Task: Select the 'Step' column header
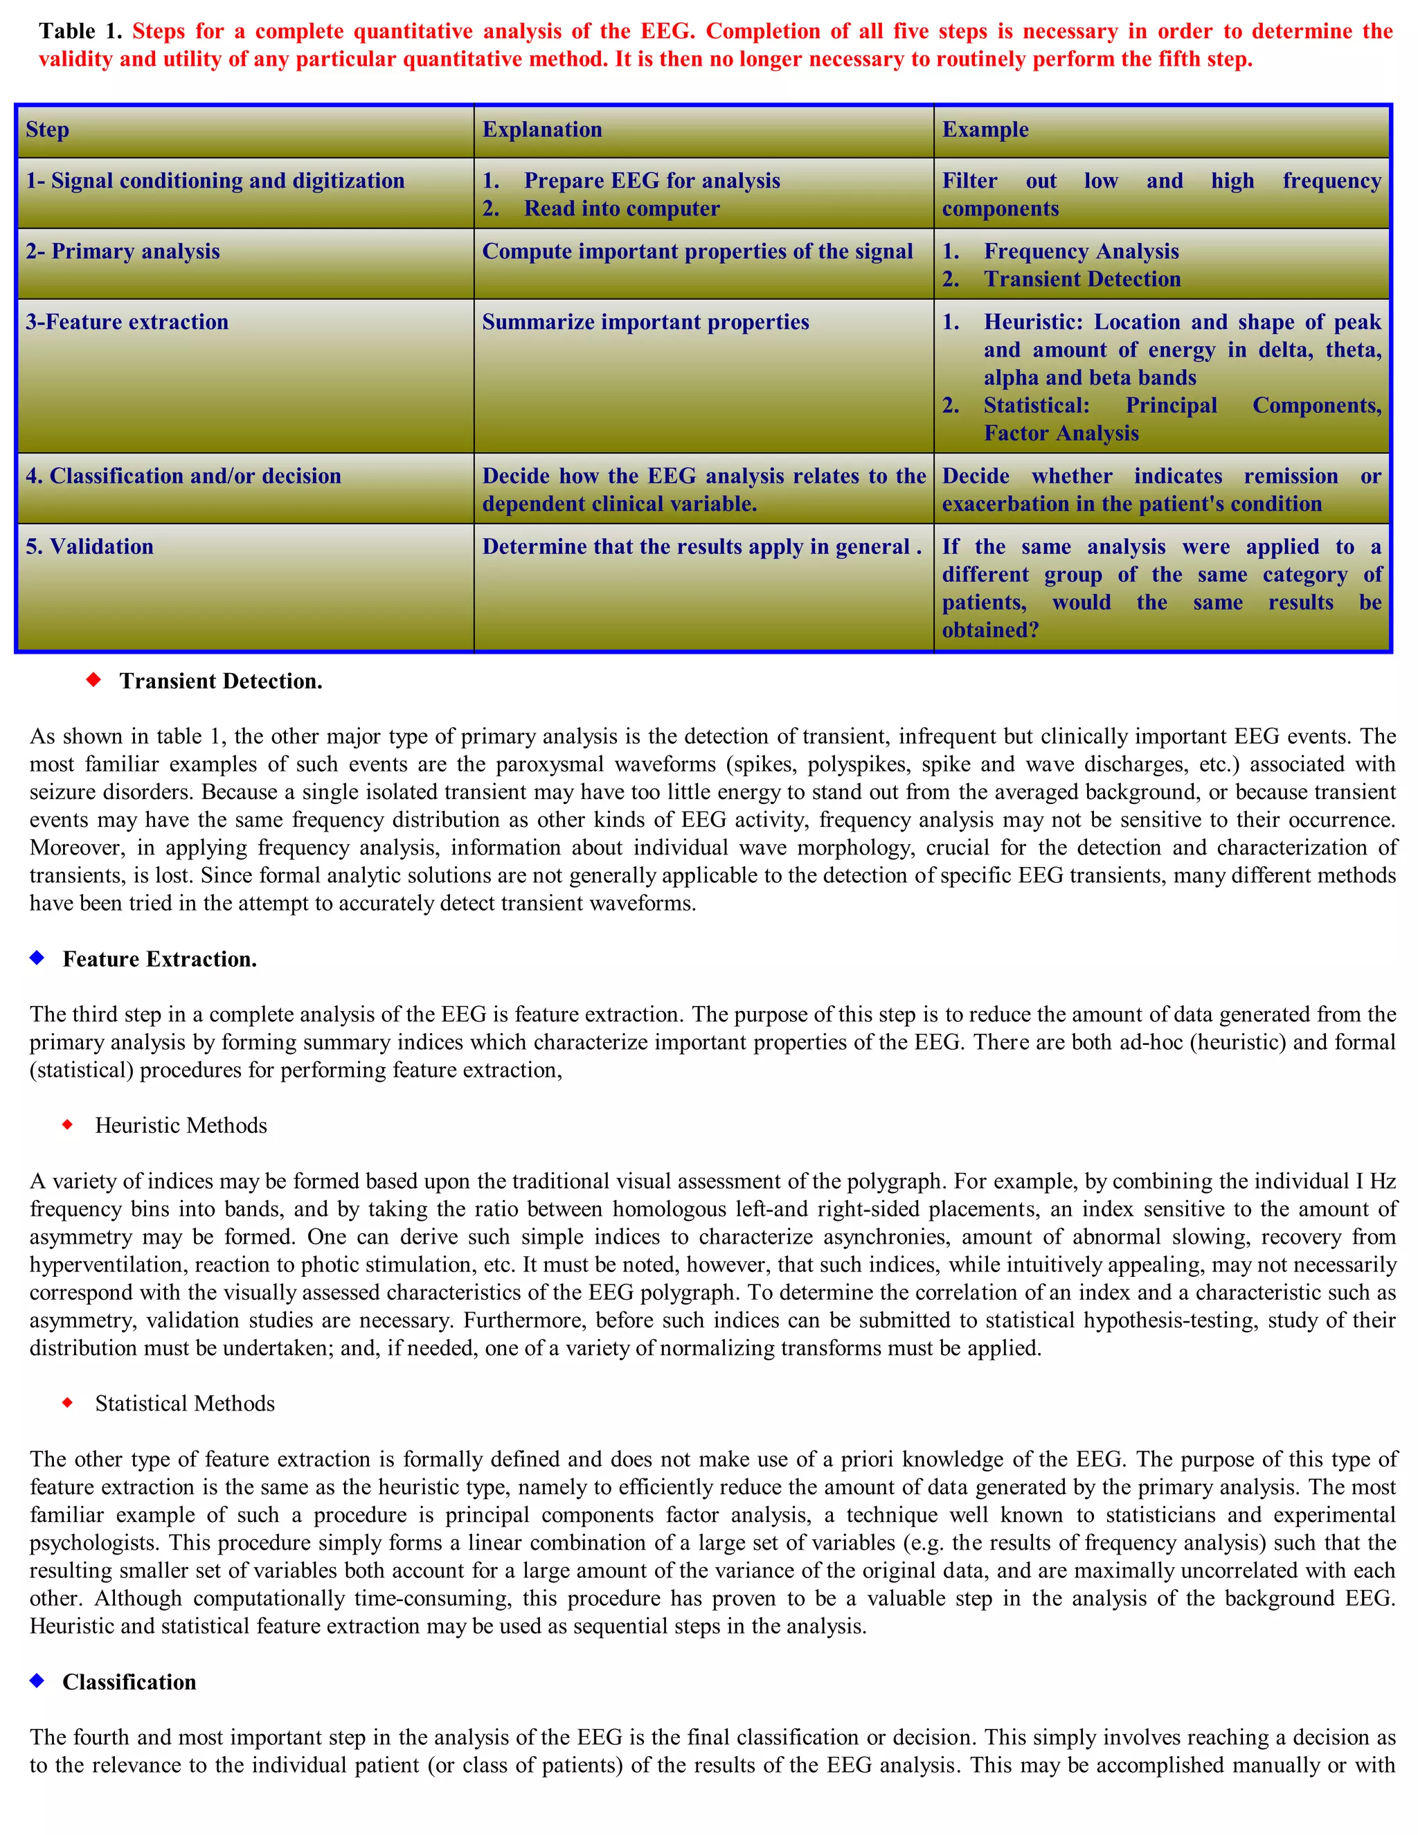(47, 129)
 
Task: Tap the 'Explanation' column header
(542, 129)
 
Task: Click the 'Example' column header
(985, 129)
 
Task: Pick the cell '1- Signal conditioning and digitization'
(215, 181)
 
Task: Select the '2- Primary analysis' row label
(123, 251)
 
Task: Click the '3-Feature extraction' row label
(127, 322)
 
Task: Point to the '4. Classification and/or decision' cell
(183, 476)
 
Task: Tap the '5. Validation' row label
(90, 547)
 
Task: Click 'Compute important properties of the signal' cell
(697, 251)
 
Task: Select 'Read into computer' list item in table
(622, 208)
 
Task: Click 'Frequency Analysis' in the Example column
(1081, 251)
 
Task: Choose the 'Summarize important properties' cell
(645, 322)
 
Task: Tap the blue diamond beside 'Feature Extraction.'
(37, 958)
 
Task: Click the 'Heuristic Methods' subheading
(181, 1126)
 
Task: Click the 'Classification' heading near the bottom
(129, 1682)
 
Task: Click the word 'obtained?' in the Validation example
(989, 630)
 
